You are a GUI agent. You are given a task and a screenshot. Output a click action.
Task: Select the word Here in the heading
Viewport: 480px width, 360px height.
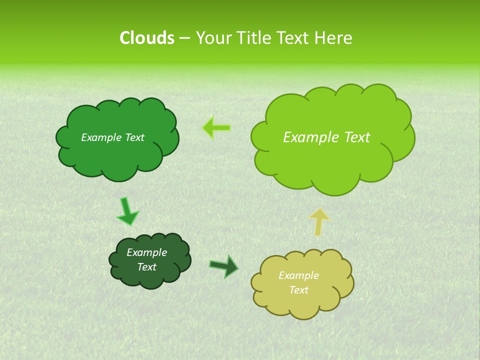coord(334,38)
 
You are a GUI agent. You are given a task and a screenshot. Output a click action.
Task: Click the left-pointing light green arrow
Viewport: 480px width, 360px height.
coord(216,128)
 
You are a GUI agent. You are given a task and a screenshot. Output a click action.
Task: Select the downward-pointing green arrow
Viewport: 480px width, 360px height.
coord(127,211)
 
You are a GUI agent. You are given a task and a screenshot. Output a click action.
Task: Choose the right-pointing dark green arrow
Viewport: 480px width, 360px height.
coord(224,266)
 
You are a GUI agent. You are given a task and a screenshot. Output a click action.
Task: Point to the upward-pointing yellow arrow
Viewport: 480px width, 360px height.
coord(319,221)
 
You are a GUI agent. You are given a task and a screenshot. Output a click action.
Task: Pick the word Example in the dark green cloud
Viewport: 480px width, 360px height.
coord(147,252)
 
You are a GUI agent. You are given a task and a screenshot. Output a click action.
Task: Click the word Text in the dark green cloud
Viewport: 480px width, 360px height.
coord(147,267)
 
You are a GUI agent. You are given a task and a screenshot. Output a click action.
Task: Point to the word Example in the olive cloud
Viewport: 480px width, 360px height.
coord(298,275)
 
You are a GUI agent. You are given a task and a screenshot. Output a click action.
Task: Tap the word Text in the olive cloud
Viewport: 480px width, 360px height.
coord(298,290)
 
